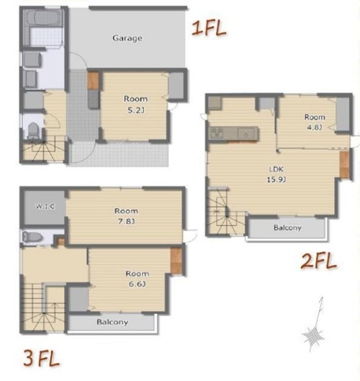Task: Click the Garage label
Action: point(127,38)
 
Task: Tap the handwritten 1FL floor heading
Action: point(209,28)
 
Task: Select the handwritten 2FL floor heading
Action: point(318,261)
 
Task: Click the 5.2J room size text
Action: point(136,111)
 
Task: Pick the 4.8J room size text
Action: point(315,127)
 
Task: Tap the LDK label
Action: point(276,169)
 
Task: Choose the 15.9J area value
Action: point(276,179)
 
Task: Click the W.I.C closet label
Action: point(45,206)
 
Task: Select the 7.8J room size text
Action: point(126,221)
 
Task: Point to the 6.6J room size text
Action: point(137,284)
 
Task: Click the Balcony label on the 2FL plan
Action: point(287,228)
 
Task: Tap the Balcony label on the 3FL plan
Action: point(112,322)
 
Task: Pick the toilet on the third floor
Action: point(32,237)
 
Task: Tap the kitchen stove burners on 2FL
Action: point(217,133)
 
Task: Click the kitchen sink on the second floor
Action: point(246,134)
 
